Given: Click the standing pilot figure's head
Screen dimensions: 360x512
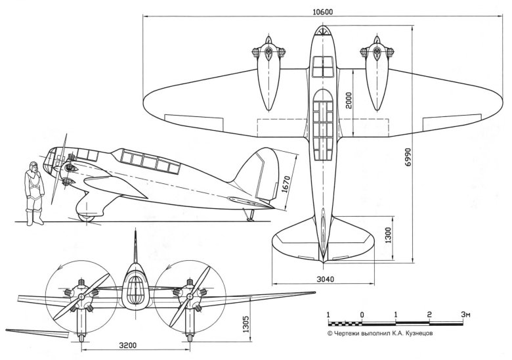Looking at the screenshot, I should coord(30,168).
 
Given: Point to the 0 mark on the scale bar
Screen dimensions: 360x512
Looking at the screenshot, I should coord(362,315).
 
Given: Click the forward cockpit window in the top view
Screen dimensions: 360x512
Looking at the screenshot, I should coord(322,66).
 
